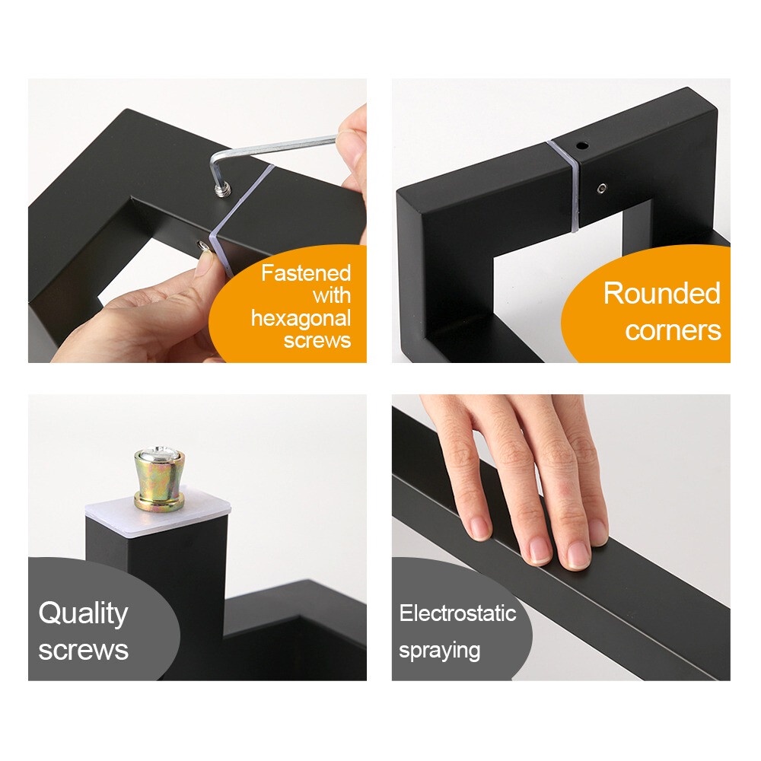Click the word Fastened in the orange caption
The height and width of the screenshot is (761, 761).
coord(306,273)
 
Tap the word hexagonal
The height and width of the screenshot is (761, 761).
coord(301,318)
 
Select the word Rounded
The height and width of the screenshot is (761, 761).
coord(662,294)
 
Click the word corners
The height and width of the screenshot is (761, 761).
coord(673,330)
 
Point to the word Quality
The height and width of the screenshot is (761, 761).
coord(84,614)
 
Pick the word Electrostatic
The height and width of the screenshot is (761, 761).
coord(457,613)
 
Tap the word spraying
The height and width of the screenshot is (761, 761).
coord(440,651)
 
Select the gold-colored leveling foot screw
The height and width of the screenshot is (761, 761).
coord(160,480)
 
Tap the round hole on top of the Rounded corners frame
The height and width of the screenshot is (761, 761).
coord(582,145)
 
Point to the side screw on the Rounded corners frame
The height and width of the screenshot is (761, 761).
coord(602,187)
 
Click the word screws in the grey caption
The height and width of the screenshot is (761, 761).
coord(84,651)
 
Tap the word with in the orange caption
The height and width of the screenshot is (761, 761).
coord(332,295)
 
